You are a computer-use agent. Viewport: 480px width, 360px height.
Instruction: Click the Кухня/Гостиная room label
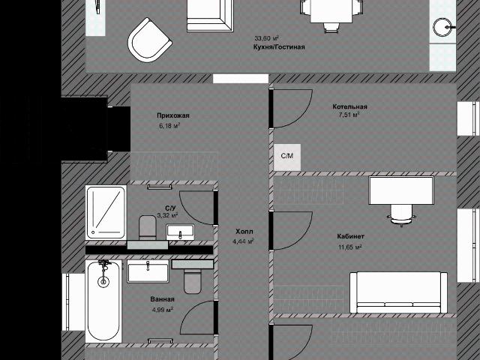coord(279,46)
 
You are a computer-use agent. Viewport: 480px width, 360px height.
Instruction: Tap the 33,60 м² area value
coord(266,38)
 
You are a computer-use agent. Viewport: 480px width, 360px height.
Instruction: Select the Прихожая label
coord(173,115)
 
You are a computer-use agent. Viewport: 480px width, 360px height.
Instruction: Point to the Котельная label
coord(349,106)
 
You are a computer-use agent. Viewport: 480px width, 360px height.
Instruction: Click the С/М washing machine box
coord(287,157)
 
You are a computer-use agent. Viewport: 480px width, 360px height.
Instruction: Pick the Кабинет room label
coord(350,236)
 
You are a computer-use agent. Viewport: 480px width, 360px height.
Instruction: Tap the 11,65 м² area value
coord(350,247)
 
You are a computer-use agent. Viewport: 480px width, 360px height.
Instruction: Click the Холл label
coord(244,232)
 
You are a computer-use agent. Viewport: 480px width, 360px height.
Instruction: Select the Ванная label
coord(162,299)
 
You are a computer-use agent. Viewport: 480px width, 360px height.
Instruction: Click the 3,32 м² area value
coord(167,215)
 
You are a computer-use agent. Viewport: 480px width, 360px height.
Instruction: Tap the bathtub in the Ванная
coord(103,301)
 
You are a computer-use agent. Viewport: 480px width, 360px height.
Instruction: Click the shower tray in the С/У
coord(106,212)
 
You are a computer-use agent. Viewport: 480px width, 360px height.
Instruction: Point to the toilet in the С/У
coord(148,227)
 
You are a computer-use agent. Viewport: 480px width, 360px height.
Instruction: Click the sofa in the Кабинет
coord(398,292)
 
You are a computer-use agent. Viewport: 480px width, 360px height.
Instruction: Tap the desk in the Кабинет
coord(401,190)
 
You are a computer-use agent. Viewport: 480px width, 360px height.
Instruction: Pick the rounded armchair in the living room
coord(150,40)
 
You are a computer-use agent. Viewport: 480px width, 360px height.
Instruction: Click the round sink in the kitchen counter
coord(442,27)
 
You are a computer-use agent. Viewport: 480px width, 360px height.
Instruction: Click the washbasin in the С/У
coord(180,232)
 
